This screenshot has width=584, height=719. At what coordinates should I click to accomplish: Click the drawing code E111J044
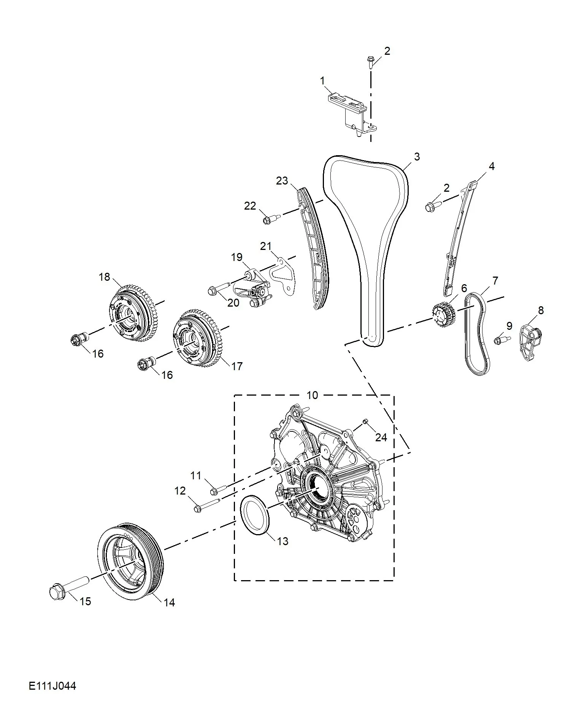52,686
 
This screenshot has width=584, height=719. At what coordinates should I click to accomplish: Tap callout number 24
381,437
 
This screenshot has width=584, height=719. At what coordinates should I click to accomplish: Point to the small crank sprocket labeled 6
444,315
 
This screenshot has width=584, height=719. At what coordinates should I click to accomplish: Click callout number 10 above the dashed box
312,395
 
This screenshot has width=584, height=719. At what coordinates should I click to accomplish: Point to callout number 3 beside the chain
417,156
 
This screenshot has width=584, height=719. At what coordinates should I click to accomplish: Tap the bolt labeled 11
217,490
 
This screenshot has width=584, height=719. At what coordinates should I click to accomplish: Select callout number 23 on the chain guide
282,181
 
